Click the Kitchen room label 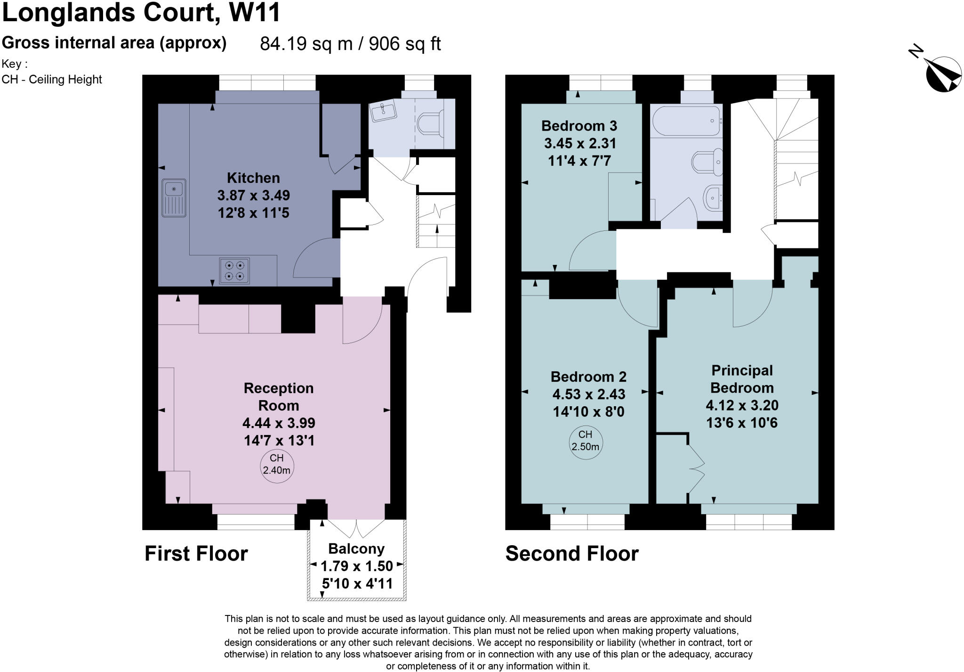point(253,178)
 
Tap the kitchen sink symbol point(174,198)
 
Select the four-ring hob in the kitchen point(234,271)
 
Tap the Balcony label point(356,549)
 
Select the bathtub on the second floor point(686,121)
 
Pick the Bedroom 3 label point(579,126)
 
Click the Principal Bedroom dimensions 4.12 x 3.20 point(742,405)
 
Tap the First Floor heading point(196,554)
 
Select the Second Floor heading point(572,554)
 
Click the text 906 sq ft point(404,44)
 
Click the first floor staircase point(437,221)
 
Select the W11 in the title point(255,12)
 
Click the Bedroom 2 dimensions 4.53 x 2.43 point(588,394)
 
